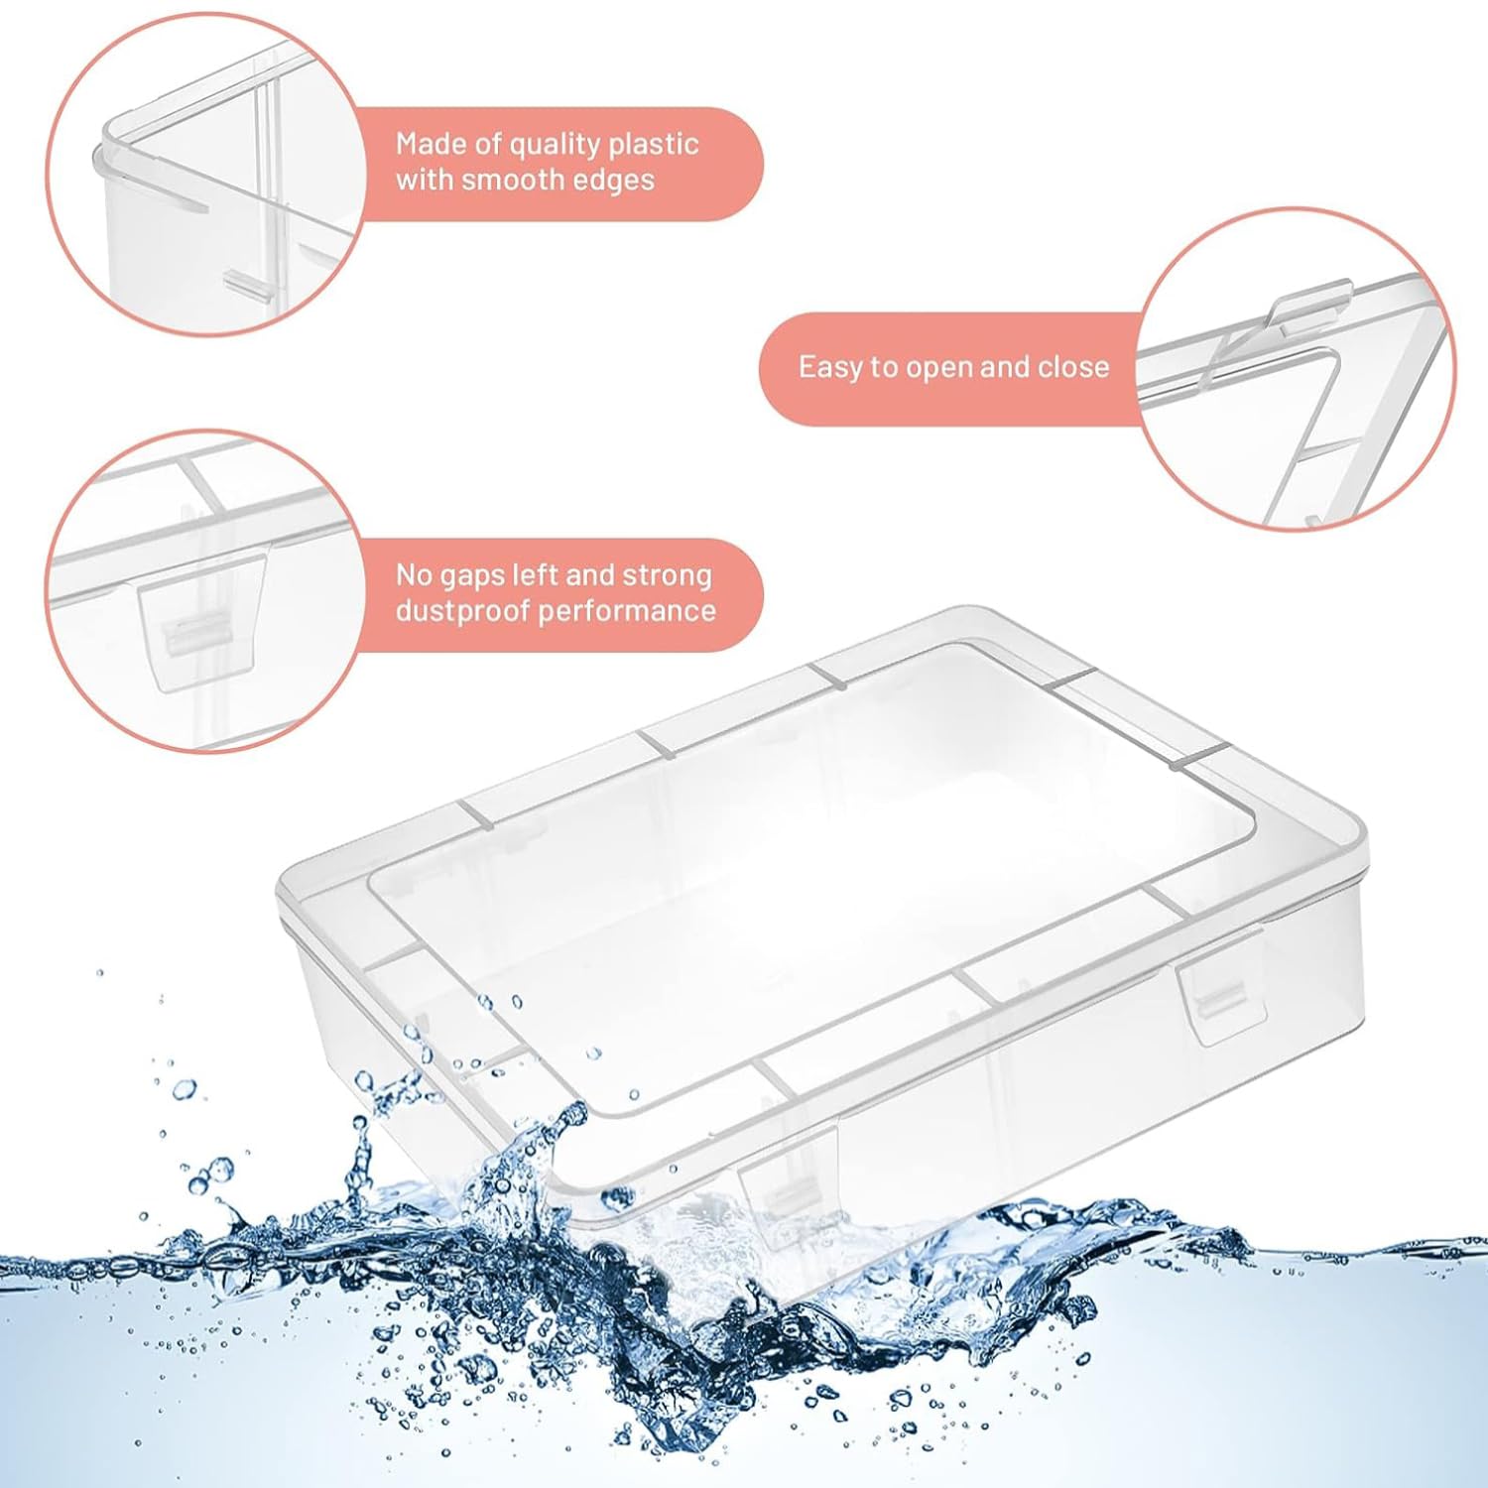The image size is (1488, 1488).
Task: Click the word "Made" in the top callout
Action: pyautogui.click(x=433, y=145)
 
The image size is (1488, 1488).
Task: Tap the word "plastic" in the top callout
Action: pyautogui.click(x=654, y=146)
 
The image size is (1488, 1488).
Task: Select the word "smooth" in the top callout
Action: pyautogui.click(x=517, y=180)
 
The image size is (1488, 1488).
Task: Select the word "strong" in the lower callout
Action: pyautogui.click(x=667, y=577)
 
